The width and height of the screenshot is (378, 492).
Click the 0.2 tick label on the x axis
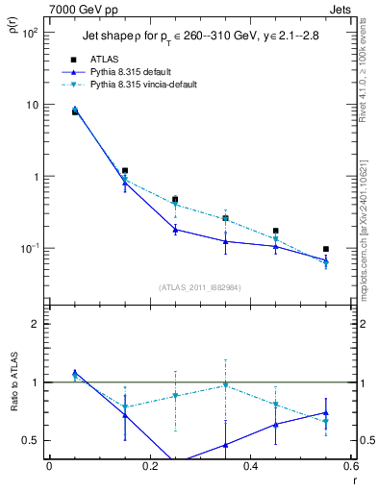coord(149,467)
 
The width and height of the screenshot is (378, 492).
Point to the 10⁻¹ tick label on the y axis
coord(31,248)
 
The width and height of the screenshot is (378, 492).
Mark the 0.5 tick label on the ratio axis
coord(32,440)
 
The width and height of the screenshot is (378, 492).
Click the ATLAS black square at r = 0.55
coord(326,249)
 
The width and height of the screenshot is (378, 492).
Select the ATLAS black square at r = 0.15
coord(125,170)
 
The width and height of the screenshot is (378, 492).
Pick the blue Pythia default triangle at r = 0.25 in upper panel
coord(175,230)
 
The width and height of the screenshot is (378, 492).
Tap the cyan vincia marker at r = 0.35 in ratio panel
coord(225,385)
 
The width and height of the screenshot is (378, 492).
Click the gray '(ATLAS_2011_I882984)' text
coord(199,286)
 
